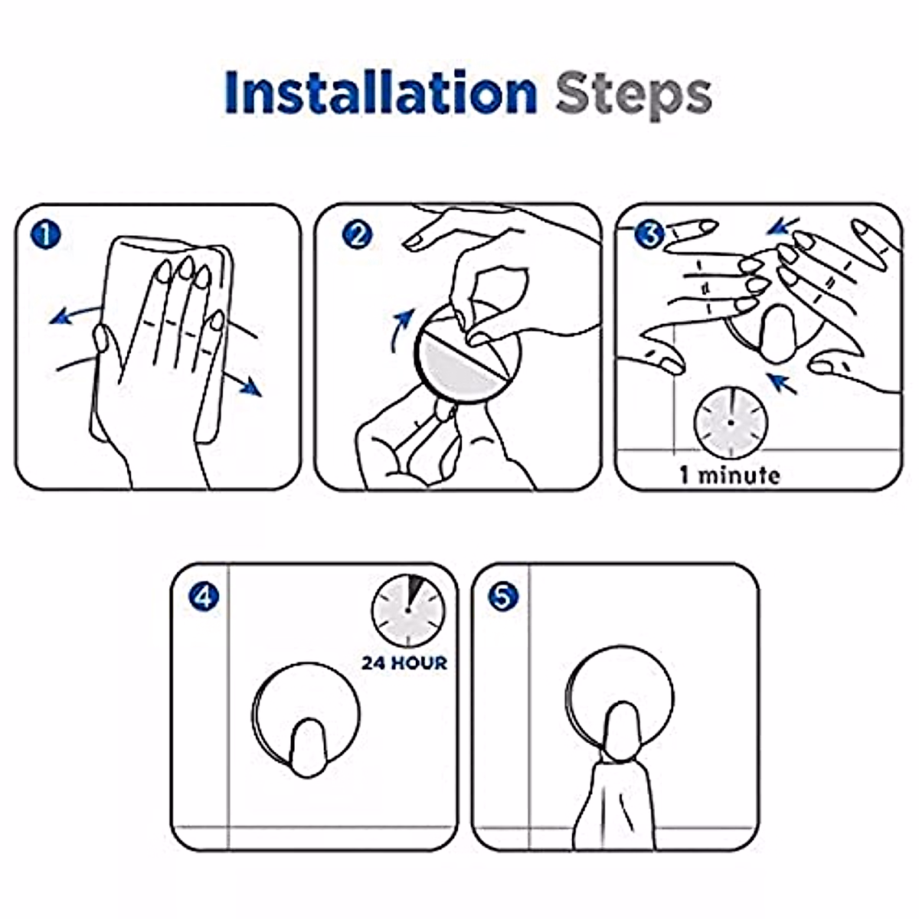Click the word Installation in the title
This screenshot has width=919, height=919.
[381, 92]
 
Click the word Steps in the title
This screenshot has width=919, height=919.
[634, 96]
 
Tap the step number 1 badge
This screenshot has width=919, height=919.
[46, 235]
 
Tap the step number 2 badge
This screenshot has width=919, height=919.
[357, 235]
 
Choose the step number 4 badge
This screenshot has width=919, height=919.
[204, 597]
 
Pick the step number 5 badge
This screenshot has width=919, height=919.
[502, 597]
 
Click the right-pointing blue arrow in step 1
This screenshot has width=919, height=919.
[244, 384]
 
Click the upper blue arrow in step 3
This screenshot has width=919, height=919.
[783, 226]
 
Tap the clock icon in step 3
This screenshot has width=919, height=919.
[731, 423]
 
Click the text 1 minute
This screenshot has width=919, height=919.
[730, 476]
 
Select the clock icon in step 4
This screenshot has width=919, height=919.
[408, 610]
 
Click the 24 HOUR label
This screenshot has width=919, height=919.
[404, 663]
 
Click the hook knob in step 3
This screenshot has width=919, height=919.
[779, 333]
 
